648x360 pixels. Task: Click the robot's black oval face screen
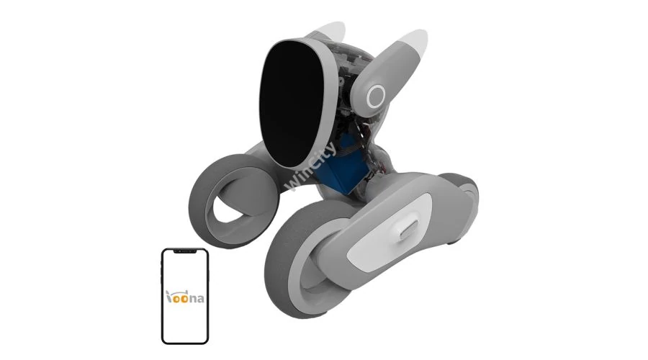click(x=291, y=104)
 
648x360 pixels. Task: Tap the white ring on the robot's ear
click(x=376, y=96)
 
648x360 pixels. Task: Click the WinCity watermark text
click(x=311, y=167)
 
